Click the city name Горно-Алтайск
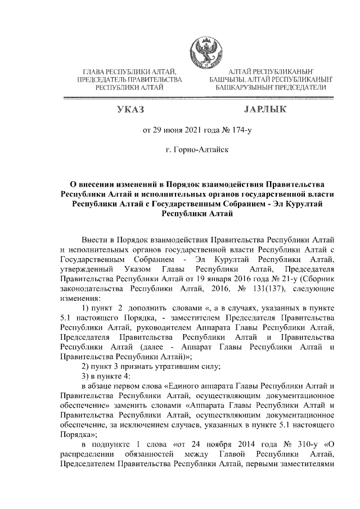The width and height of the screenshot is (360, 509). point(199,151)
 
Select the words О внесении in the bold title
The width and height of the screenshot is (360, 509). point(92,184)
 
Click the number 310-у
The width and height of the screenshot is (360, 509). point(305,444)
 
